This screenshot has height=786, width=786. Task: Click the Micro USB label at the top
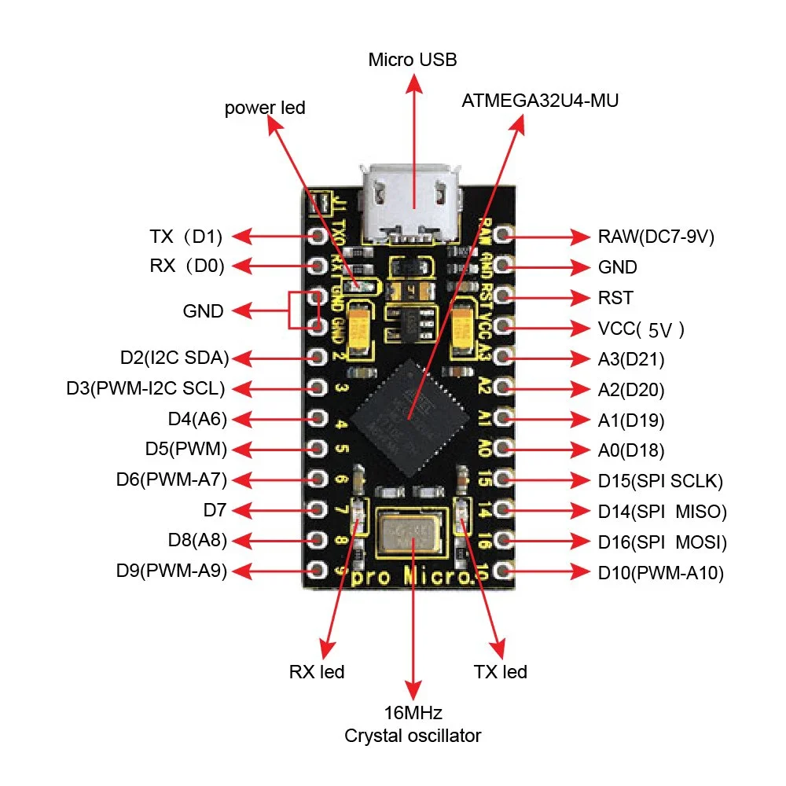(x=413, y=61)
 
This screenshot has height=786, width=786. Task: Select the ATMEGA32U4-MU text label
(x=541, y=101)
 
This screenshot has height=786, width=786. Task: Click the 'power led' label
(x=264, y=108)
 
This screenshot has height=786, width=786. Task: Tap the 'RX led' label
(x=316, y=672)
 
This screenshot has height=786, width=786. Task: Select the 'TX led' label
(x=500, y=672)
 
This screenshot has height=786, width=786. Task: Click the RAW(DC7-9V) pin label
(x=656, y=237)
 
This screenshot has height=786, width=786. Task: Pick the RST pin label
(x=615, y=298)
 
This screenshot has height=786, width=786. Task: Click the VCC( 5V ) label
(x=641, y=329)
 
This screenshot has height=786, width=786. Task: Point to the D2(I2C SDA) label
(x=174, y=358)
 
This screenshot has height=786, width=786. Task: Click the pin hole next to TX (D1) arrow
(x=318, y=236)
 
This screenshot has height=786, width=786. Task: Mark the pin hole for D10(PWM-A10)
(x=505, y=571)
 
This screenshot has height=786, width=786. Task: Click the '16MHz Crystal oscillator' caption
(x=413, y=725)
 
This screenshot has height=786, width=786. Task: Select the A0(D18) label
(x=631, y=450)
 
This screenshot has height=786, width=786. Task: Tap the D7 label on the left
(x=215, y=511)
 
